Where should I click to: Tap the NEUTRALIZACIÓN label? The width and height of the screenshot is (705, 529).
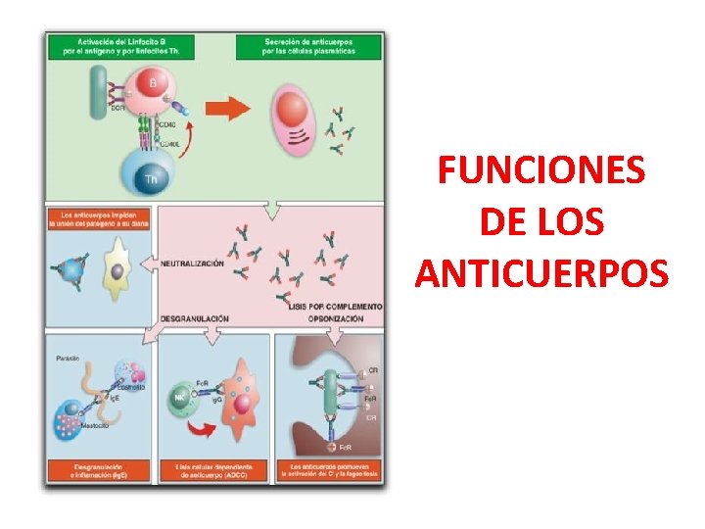[192, 264]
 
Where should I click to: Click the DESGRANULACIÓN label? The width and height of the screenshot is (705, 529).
[194, 318]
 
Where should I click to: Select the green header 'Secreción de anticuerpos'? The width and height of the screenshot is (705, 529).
[311, 45]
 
